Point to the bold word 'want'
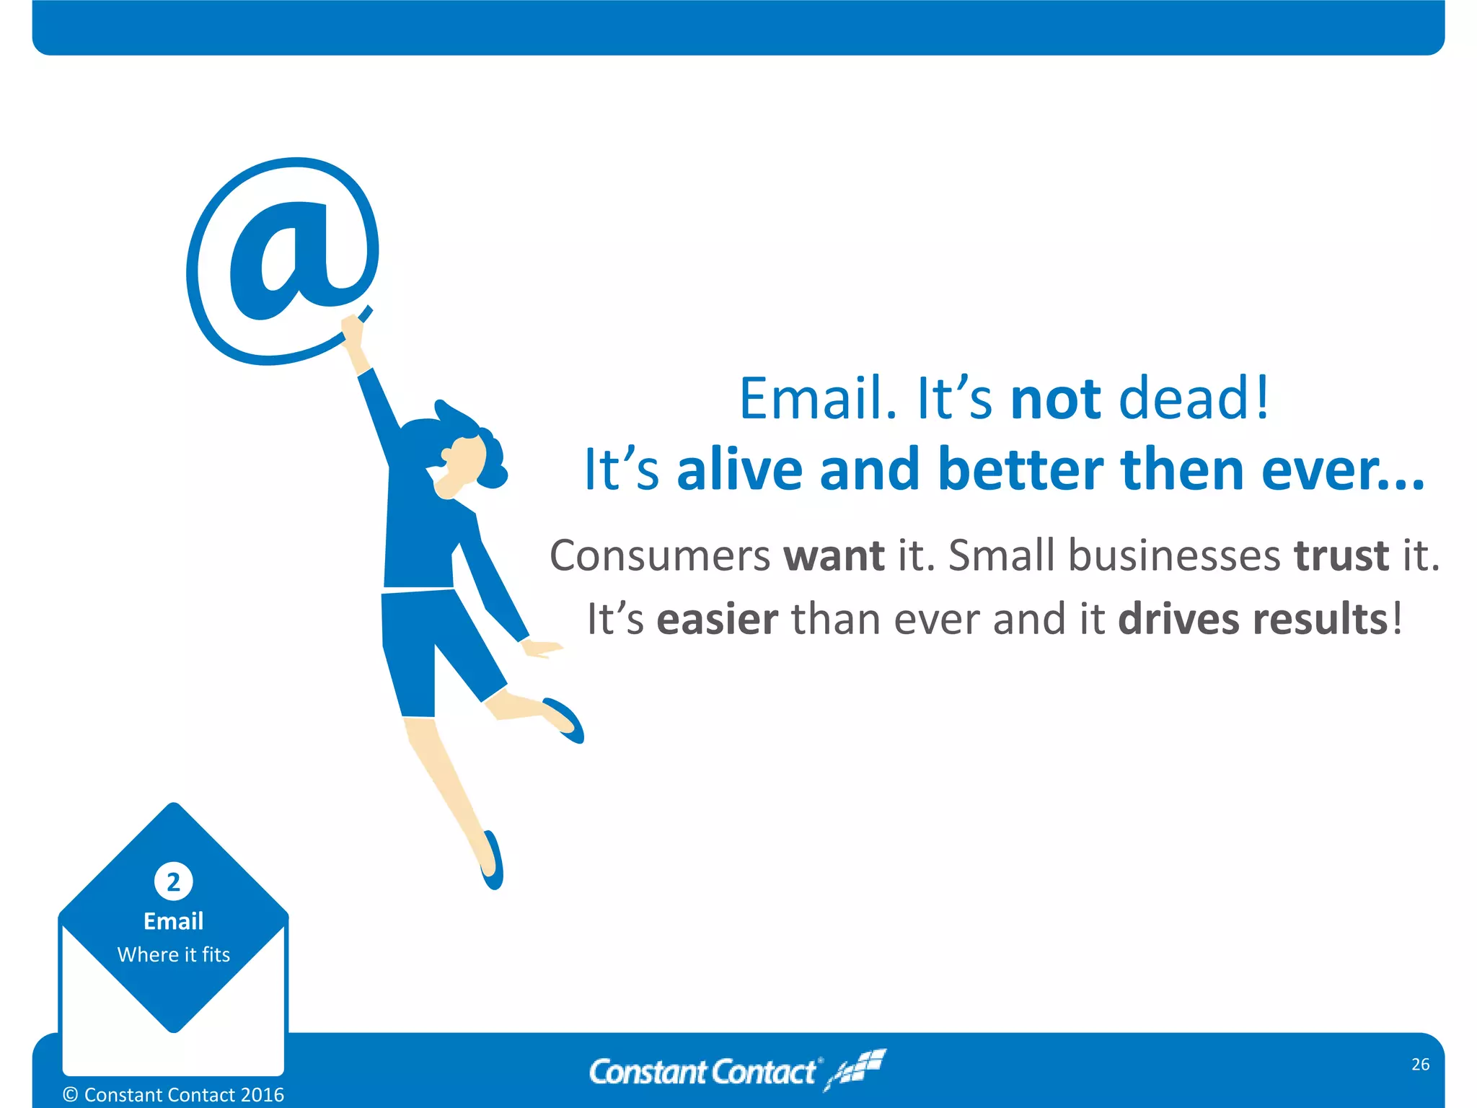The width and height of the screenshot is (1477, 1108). (x=834, y=556)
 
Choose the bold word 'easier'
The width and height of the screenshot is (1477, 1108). (x=717, y=620)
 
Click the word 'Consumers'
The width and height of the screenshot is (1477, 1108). (x=660, y=556)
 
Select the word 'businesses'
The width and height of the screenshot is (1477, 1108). (x=1173, y=556)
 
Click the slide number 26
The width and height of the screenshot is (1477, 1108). (x=1420, y=1065)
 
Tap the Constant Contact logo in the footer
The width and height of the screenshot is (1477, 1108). (x=736, y=1071)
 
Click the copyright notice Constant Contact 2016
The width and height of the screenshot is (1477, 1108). (x=174, y=1095)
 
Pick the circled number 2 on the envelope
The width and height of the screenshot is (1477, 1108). (x=174, y=881)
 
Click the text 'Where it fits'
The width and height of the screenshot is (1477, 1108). (x=174, y=955)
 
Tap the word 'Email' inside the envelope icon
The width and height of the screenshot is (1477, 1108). (x=174, y=921)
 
